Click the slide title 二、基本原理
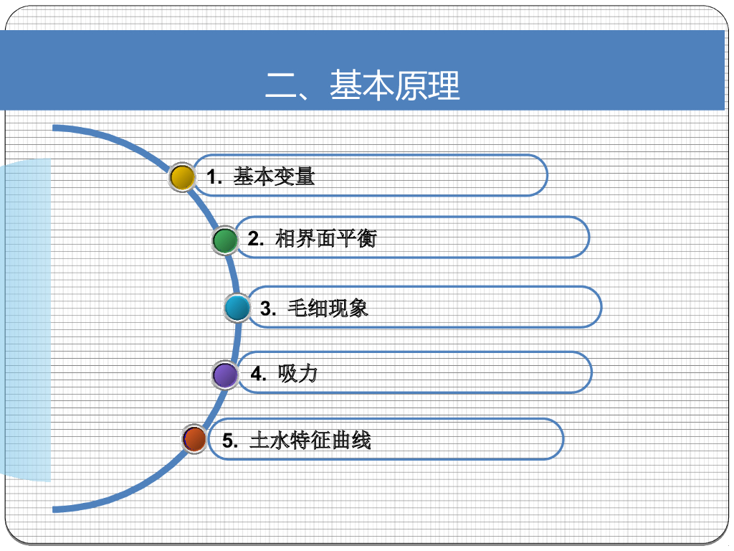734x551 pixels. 362,85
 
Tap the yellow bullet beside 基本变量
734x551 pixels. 183,177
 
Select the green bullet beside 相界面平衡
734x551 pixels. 225,240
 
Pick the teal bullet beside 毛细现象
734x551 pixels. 237,309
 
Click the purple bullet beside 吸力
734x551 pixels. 226,375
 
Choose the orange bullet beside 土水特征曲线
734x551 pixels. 194,438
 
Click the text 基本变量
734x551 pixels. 274,176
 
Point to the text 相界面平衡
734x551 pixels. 325,239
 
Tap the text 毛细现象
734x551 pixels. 328,309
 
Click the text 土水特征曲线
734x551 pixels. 310,440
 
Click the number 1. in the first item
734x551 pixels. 214,177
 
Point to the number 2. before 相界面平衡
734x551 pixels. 256,240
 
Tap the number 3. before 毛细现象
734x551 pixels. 268,309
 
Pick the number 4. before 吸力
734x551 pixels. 259,375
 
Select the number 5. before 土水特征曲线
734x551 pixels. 229,441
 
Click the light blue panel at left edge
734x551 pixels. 26,319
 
